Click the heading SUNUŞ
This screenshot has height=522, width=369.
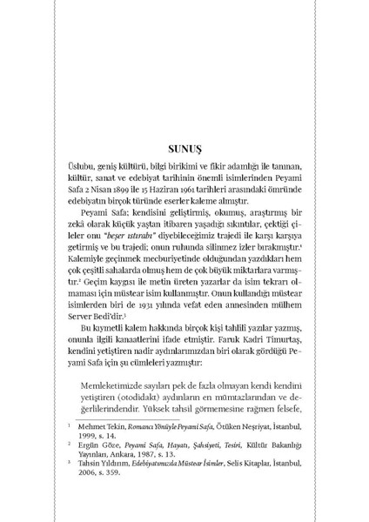pos(184,149)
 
